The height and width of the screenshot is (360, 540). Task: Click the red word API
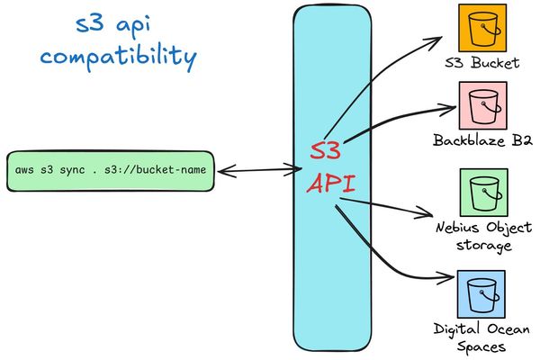click(x=330, y=184)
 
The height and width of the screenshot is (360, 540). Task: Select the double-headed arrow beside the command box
click(x=259, y=169)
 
